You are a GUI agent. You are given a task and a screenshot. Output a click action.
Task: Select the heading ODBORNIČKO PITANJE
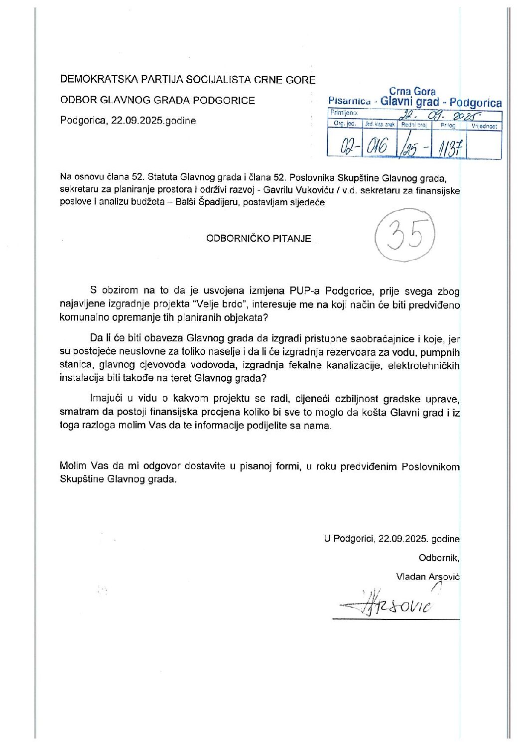pyautogui.click(x=259, y=239)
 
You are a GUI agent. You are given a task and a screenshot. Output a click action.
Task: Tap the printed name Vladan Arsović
pyautogui.click(x=427, y=577)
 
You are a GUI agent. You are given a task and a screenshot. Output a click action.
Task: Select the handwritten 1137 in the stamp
pyautogui.click(x=450, y=148)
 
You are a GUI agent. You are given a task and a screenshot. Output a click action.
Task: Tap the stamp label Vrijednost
pyautogui.click(x=484, y=127)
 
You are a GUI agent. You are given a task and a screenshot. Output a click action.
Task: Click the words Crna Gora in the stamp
pyautogui.click(x=412, y=92)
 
